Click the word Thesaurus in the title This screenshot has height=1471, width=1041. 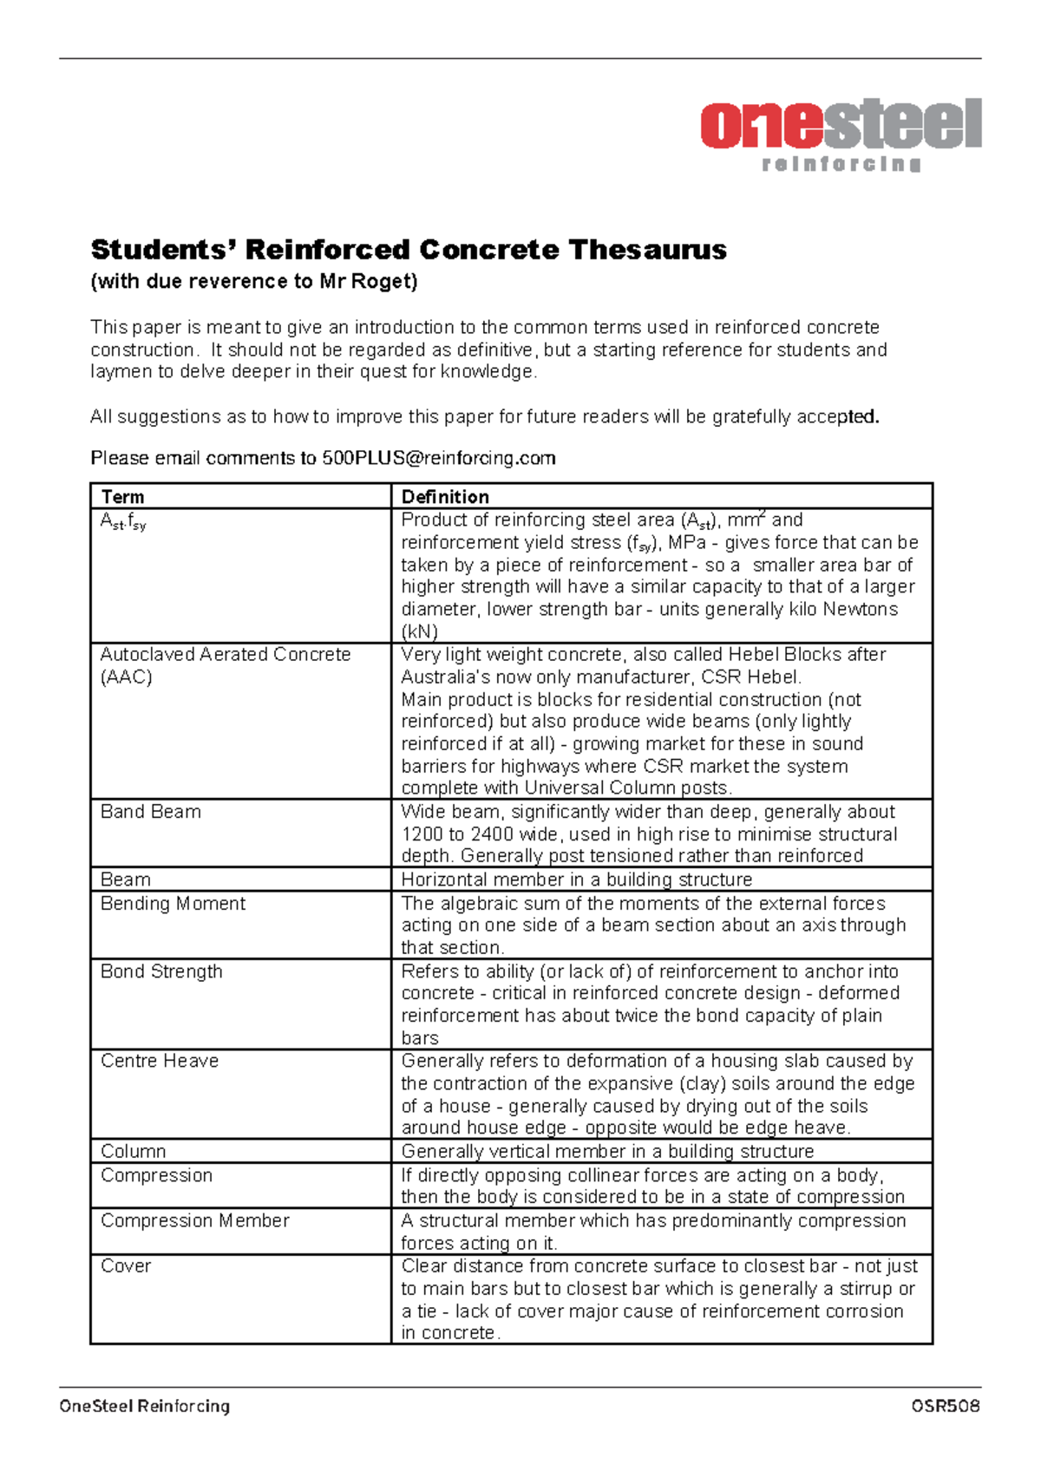[647, 250]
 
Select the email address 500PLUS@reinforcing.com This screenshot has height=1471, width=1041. [439, 458]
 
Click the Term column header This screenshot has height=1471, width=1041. [122, 497]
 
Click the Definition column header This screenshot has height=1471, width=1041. [445, 497]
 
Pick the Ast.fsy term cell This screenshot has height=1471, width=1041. [123, 521]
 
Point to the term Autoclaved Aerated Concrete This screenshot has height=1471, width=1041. [226, 655]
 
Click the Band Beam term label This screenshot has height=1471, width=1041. [151, 812]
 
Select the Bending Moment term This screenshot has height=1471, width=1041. [173, 904]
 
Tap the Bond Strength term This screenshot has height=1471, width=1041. [161, 971]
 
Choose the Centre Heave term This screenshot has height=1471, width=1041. [160, 1061]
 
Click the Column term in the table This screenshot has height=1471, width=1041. [133, 1151]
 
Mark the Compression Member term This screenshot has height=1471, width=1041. [194, 1220]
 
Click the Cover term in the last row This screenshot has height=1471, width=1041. [126, 1266]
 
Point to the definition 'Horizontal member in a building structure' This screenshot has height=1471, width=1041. [576, 879]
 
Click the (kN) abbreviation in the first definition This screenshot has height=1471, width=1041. [420, 631]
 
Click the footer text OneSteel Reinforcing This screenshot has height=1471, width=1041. [144, 1406]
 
